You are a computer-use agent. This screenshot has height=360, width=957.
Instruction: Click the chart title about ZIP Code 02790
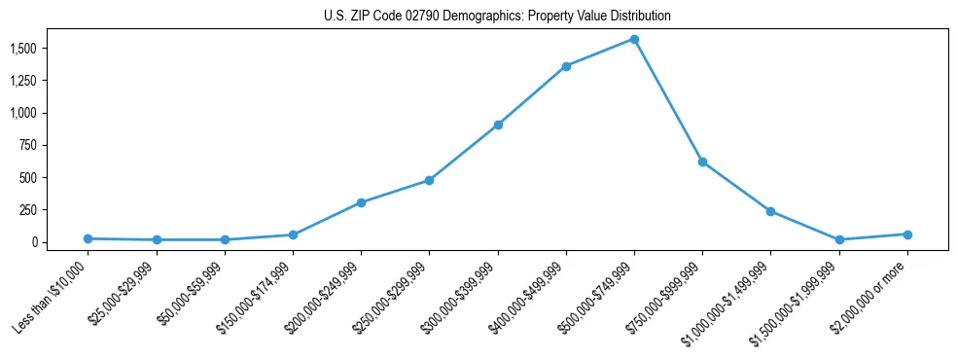[497, 17]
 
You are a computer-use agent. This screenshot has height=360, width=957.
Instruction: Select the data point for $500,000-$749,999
[634, 39]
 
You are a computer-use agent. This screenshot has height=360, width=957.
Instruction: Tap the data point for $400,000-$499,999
[566, 66]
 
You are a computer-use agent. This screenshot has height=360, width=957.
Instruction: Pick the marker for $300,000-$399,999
[498, 125]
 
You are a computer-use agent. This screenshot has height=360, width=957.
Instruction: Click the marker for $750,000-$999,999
[702, 162]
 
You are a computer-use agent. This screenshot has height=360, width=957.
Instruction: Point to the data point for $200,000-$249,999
[361, 202]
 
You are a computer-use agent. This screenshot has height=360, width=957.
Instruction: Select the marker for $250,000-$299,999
[429, 180]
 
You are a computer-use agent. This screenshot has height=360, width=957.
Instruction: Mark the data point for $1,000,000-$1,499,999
[770, 211]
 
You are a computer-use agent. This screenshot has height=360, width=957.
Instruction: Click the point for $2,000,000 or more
[907, 234]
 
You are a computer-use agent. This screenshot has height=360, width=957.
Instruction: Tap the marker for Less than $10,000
[88, 238]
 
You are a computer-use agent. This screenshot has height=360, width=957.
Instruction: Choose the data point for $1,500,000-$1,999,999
[839, 239]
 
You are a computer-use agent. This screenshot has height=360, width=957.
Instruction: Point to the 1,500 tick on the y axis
[24, 48]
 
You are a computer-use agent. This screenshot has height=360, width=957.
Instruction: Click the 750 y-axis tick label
[29, 145]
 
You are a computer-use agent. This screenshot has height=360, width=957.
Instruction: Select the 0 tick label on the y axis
[35, 242]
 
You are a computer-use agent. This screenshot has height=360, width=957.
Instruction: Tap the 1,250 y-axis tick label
[24, 80]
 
